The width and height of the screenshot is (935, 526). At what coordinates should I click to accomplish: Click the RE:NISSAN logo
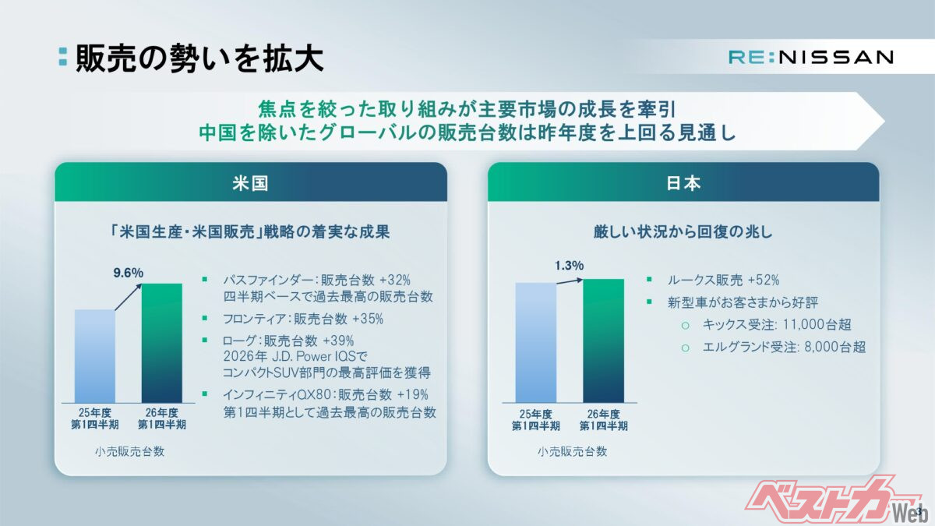tap(811, 57)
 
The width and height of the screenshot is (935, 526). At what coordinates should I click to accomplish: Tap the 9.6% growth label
tap(128, 273)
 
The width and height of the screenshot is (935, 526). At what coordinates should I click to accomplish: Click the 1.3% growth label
tap(569, 265)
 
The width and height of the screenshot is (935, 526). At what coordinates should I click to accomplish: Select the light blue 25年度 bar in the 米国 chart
tap(95, 356)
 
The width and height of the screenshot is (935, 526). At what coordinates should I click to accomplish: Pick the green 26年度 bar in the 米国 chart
tap(162, 343)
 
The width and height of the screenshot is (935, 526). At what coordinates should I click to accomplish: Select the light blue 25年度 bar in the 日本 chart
tap(536, 342)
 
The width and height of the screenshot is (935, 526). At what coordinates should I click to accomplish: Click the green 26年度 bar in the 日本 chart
tap(604, 341)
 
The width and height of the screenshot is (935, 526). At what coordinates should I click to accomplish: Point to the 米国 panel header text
tap(250, 183)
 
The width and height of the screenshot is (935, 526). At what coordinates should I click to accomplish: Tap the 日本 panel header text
tap(683, 183)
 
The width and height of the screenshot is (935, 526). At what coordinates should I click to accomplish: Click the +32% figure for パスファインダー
tap(395, 279)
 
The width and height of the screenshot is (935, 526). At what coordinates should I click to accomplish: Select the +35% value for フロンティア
tap(368, 319)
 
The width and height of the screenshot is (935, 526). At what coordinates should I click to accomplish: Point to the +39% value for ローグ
tap(338, 341)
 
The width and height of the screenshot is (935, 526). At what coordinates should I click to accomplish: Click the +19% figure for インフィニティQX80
tap(412, 394)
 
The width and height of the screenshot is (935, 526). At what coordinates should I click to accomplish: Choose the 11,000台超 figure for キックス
tap(817, 324)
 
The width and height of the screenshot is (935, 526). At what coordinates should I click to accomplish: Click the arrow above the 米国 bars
tap(129, 297)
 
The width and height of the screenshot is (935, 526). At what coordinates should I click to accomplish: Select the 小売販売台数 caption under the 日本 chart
tap(572, 451)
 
